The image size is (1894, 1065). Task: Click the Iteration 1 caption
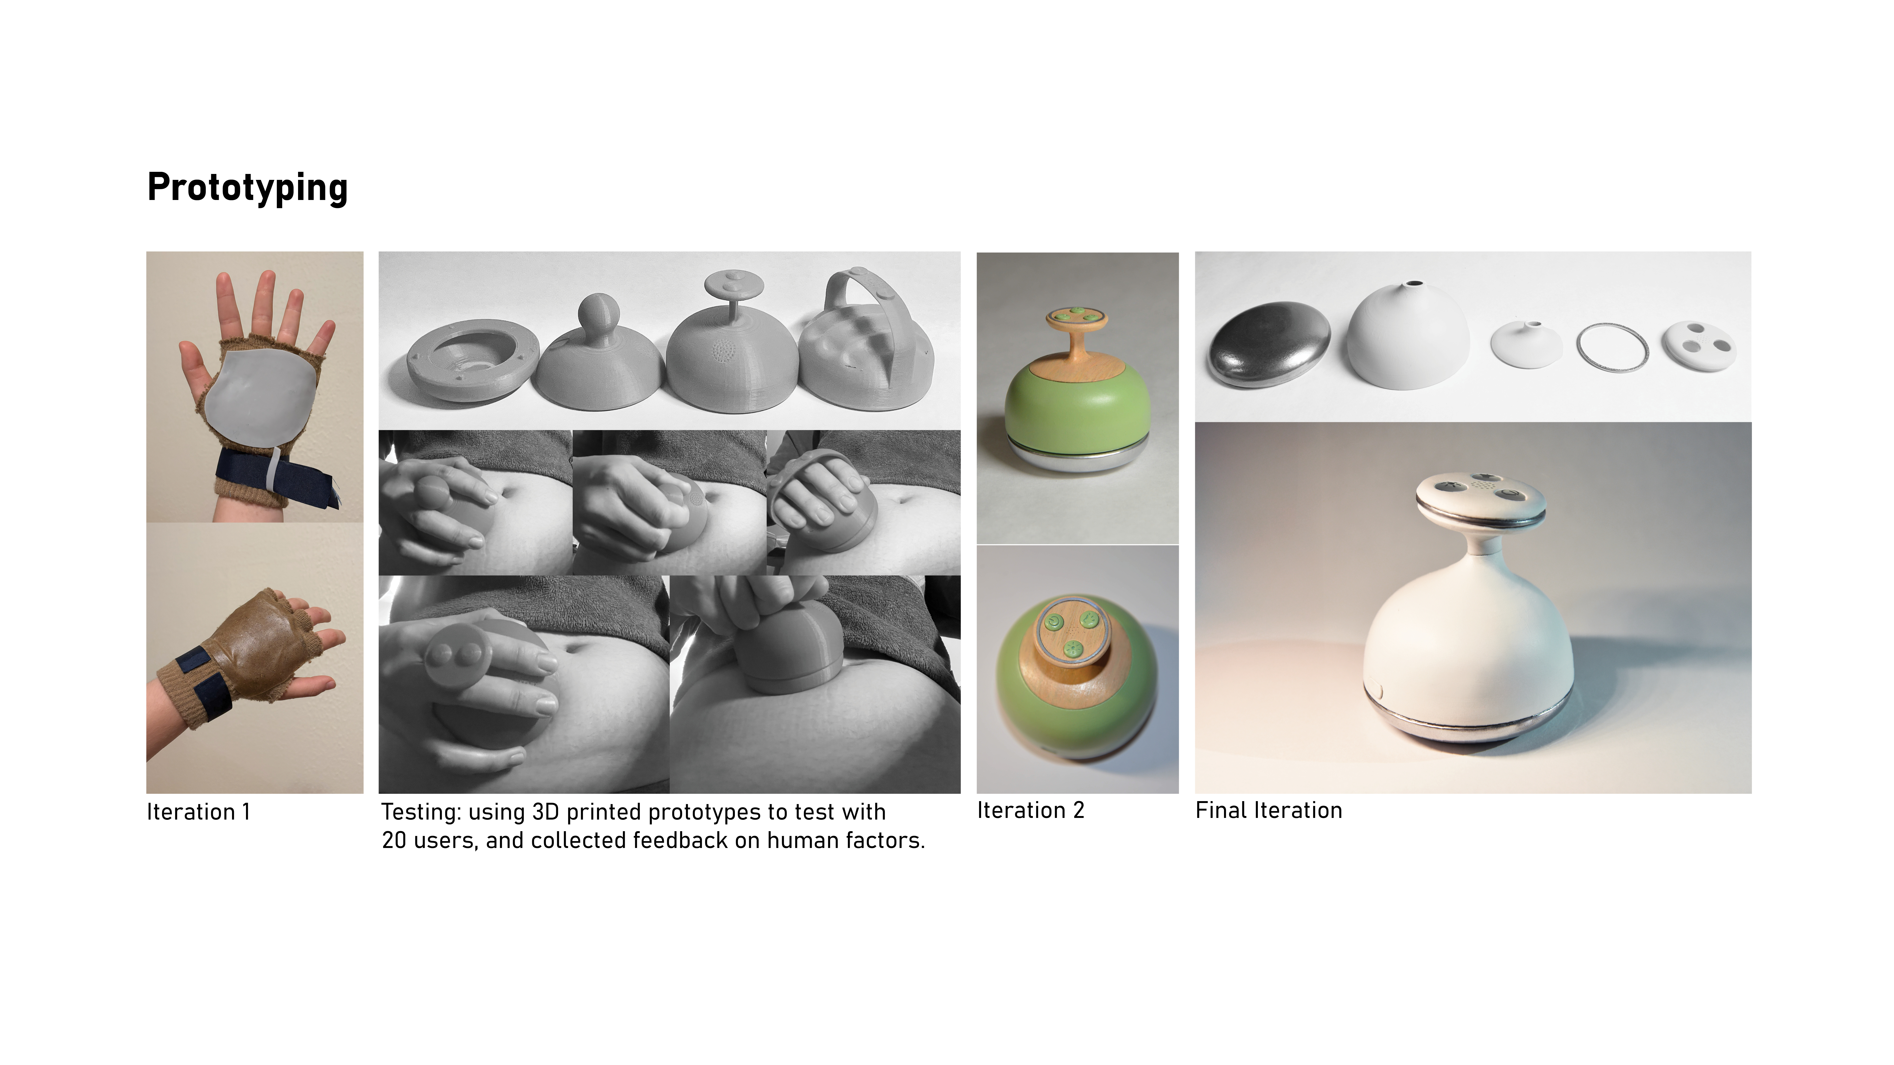[x=199, y=812]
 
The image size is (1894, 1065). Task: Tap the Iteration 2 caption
[x=1030, y=811]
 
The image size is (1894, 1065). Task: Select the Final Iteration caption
[x=1268, y=811]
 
